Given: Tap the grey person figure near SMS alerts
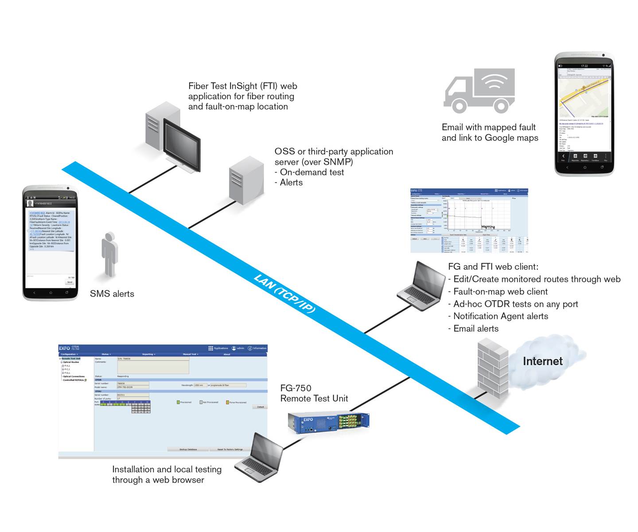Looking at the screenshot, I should click(x=109, y=254).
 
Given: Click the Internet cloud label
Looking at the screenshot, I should click(x=542, y=361).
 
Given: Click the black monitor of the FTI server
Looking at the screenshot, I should click(x=182, y=144).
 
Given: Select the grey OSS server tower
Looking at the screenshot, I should click(x=246, y=180).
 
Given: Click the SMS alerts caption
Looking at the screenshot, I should click(x=112, y=294).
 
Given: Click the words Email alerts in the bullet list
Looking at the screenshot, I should click(x=476, y=329).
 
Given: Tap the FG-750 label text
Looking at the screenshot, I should click(x=296, y=388).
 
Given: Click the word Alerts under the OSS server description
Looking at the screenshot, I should click(x=291, y=183).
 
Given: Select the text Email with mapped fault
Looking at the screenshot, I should click(x=489, y=127).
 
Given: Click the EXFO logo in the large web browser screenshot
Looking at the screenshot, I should click(x=65, y=348).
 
